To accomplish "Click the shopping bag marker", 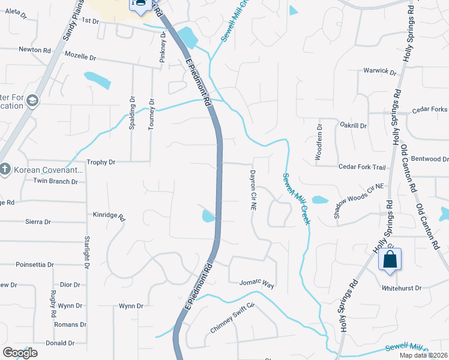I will tap(390, 260).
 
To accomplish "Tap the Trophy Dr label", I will tap(101, 162).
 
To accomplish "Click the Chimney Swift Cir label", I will tap(233, 318).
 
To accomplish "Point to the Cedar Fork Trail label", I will tap(362, 167).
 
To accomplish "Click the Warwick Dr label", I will tap(380, 71).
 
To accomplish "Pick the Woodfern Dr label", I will tap(319, 142).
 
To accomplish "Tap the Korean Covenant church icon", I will tap(5, 170).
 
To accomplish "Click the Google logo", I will tap(20, 353).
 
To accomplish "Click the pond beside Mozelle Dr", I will tap(97, 79).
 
